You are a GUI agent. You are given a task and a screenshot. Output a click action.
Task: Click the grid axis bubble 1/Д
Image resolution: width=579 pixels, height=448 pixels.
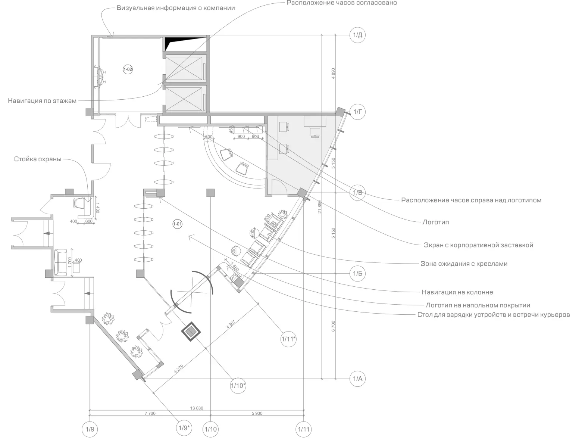(x=357, y=35)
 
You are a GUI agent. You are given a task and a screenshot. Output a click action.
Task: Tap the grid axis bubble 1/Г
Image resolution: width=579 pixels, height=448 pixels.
(x=357, y=112)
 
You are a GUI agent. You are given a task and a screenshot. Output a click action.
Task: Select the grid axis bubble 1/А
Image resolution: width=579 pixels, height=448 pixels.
(x=357, y=379)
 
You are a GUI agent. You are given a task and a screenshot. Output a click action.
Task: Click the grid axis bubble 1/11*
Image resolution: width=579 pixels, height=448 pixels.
(x=288, y=339)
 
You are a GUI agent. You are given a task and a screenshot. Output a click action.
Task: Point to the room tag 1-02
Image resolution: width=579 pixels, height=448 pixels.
(x=128, y=69)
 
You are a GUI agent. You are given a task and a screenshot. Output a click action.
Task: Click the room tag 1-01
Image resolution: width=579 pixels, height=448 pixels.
(x=177, y=224)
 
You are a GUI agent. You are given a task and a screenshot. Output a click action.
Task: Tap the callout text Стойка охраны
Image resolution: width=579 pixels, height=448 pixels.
(x=37, y=159)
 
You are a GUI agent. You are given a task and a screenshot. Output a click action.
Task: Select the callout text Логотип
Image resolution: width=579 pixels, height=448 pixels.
(x=435, y=222)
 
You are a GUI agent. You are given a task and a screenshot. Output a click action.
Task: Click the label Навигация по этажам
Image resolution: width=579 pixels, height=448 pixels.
(x=42, y=101)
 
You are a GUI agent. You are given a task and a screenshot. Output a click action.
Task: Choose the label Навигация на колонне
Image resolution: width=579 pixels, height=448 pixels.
(x=457, y=292)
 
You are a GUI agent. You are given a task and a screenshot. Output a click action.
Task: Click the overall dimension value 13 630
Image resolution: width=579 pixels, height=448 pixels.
(x=196, y=408)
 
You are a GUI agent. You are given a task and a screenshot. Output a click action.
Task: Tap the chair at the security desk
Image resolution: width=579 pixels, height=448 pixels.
(x=79, y=203)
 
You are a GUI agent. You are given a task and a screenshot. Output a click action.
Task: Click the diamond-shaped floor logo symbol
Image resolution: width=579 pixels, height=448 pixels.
(x=191, y=331)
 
